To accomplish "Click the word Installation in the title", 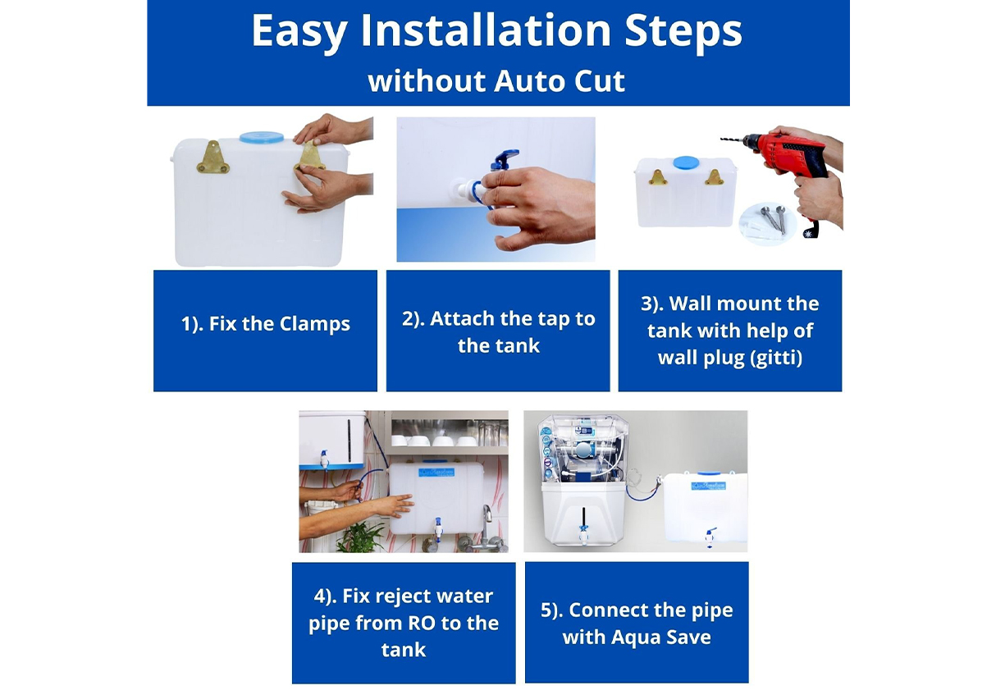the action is click(x=486, y=30).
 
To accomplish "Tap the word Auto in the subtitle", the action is click(x=528, y=81).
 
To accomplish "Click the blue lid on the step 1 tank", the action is click(x=262, y=137).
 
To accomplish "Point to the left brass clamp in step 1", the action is click(x=213, y=158).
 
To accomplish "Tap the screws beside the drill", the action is click(x=773, y=218).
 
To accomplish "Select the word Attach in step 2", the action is click(x=462, y=319).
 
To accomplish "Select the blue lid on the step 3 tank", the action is click(x=685, y=162).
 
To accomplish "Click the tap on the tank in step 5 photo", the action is click(x=710, y=537).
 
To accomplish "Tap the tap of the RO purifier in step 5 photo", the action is click(x=583, y=534).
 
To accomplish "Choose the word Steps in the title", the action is click(x=683, y=31).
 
